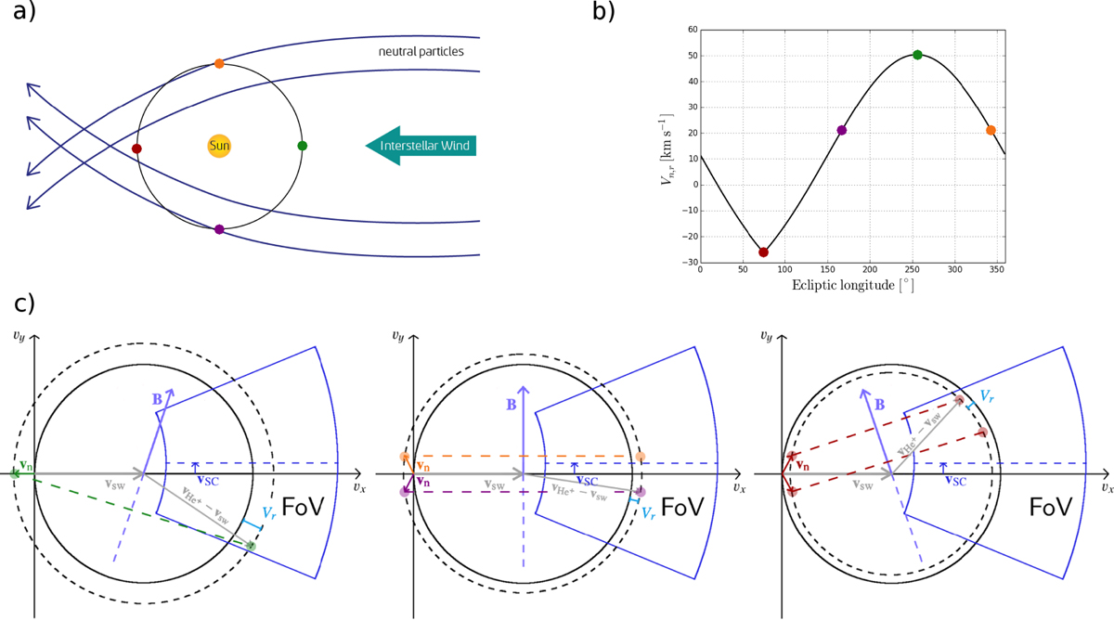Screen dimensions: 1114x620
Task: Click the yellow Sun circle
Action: click(x=219, y=146)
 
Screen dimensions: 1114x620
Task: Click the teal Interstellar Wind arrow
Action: click(x=421, y=146)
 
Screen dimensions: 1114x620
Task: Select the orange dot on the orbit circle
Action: click(x=219, y=64)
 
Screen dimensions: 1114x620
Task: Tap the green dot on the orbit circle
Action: click(x=303, y=146)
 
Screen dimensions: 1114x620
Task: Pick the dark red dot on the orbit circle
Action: click(x=136, y=149)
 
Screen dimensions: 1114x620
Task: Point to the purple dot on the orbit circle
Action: click(x=219, y=229)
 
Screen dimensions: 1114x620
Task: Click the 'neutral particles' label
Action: click(x=421, y=52)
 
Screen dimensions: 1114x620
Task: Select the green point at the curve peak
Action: click(x=917, y=55)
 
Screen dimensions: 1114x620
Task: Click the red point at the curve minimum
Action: click(x=763, y=252)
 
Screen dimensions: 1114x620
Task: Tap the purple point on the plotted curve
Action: click(x=841, y=130)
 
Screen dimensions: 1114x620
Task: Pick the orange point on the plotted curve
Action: click(x=991, y=130)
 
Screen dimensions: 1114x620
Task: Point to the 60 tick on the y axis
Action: click(x=693, y=30)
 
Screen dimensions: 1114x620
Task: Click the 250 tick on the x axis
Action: click(x=912, y=269)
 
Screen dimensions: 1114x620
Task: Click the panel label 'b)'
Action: click(x=603, y=11)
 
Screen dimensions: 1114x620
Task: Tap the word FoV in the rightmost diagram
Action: click(x=1050, y=507)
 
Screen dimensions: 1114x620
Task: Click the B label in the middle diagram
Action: click(x=512, y=405)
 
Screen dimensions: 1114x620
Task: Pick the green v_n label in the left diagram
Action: click(x=26, y=465)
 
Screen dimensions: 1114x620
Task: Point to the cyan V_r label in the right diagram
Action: click(x=987, y=396)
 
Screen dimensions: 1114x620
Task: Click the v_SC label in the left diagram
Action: click(x=208, y=480)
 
